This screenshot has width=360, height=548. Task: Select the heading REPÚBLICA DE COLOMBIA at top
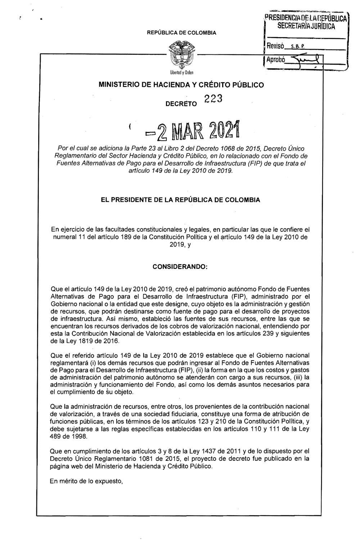(180, 33)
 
